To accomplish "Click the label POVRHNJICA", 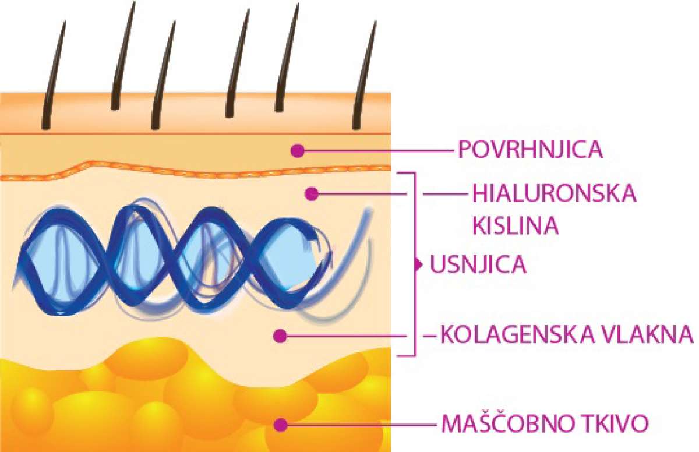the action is (x=530, y=150).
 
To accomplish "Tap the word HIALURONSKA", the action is (x=554, y=194).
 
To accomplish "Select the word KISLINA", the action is (x=516, y=225).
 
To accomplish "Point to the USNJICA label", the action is (x=478, y=264).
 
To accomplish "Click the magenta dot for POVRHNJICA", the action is (x=298, y=151).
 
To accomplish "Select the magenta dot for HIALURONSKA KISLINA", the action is (x=312, y=194).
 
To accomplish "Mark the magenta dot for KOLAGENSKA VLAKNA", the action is (x=280, y=336).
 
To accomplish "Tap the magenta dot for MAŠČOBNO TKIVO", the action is (x=281, y=425).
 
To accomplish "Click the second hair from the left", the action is (x=123, y=56).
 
